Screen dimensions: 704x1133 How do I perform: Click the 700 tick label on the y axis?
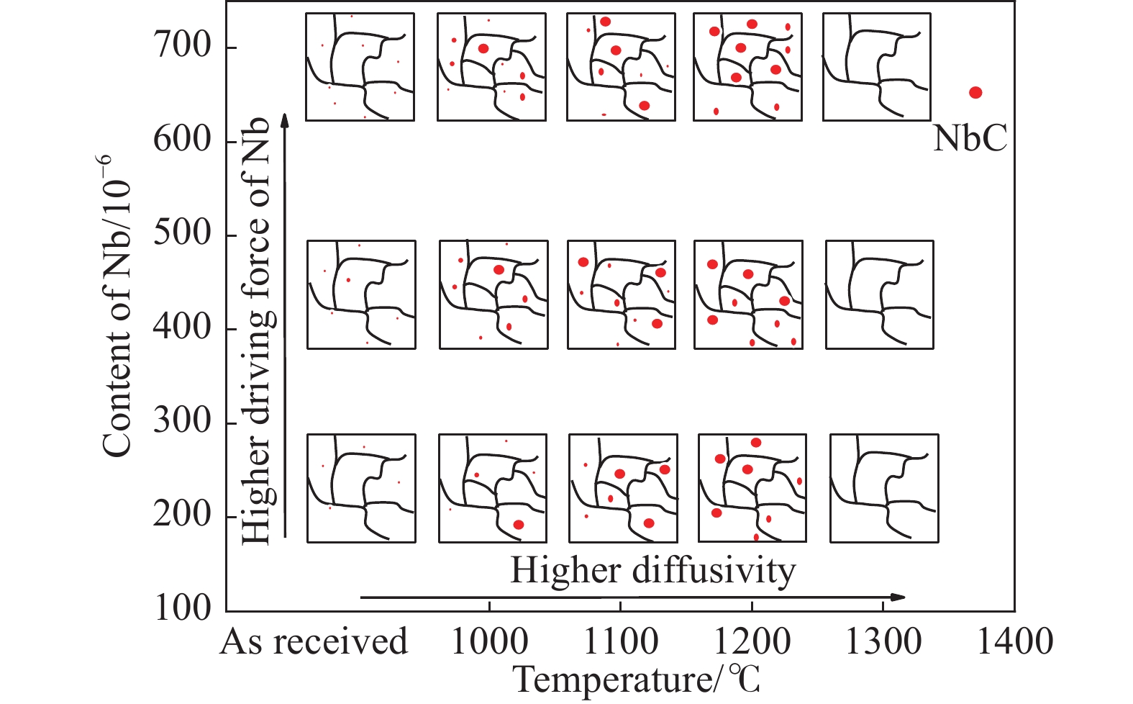(x=182, y=47)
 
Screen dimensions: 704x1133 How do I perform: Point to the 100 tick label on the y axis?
(x=182, y=609)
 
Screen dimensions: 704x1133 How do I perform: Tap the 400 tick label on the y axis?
(x=182, y=328)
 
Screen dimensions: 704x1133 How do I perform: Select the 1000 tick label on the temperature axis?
(x=489, y=641)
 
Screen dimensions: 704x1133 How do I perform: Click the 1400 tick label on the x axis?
(x=1014, y=641)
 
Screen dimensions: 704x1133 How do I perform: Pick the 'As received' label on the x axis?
(x=314, y=641)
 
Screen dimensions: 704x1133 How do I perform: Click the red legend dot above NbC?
(x=975, y=92)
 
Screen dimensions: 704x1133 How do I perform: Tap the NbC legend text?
(x=970, y=138)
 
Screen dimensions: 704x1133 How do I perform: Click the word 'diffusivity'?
(x=714, y=571)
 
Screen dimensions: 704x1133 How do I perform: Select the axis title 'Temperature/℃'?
(x=637, y=680)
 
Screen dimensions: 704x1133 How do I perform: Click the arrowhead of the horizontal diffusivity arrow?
(x=899, y=597)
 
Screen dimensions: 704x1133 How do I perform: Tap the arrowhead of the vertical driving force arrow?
(x=285, y=119)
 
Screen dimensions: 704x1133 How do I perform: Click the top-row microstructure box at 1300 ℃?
(x=876, y=67)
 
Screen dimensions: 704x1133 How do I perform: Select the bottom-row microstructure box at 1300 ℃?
(x=884, y=488)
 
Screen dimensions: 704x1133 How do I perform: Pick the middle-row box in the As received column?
(x=361, y=294)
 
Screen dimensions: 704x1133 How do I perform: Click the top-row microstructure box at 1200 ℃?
(x=747, y=67)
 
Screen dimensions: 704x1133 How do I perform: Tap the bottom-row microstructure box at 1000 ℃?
(x=492, y=488)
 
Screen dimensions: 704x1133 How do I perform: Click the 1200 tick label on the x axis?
(x=752, y=641)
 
